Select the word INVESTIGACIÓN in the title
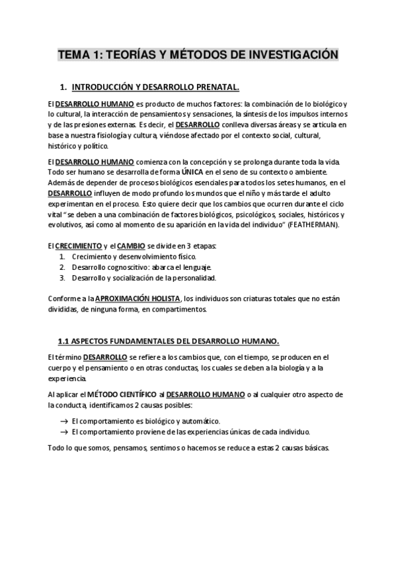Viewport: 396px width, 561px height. [291, 54]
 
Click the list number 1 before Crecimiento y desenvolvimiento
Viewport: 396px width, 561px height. [61, 256]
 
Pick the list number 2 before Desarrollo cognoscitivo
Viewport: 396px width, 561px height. [61, 267]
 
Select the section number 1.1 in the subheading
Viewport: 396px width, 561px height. [64, 341]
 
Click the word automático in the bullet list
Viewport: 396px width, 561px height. [198, 421]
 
